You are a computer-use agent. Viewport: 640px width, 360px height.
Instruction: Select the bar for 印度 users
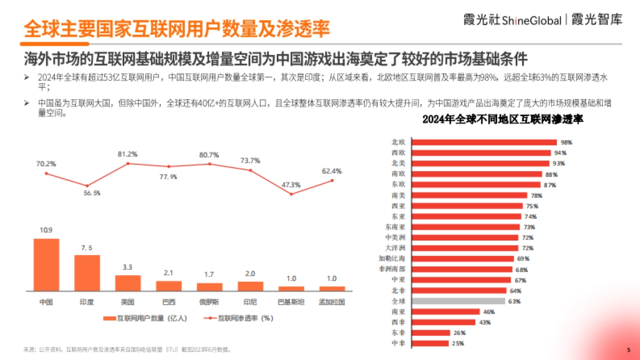87,273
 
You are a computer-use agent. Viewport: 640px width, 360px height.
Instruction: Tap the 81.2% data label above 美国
127,154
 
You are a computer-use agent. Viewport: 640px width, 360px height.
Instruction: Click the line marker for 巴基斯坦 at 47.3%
291,194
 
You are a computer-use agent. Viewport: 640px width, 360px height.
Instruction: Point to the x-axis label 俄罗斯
210,302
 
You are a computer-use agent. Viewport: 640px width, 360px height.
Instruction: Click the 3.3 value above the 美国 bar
128,267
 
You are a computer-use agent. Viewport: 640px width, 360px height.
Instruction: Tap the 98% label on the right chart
566,142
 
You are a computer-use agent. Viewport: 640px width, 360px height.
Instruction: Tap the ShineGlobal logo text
532,21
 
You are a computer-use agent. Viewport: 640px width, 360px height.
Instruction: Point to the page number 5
628,350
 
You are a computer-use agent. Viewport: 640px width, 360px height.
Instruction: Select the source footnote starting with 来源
127,350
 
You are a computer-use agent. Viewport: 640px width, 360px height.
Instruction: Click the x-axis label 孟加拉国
332,302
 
